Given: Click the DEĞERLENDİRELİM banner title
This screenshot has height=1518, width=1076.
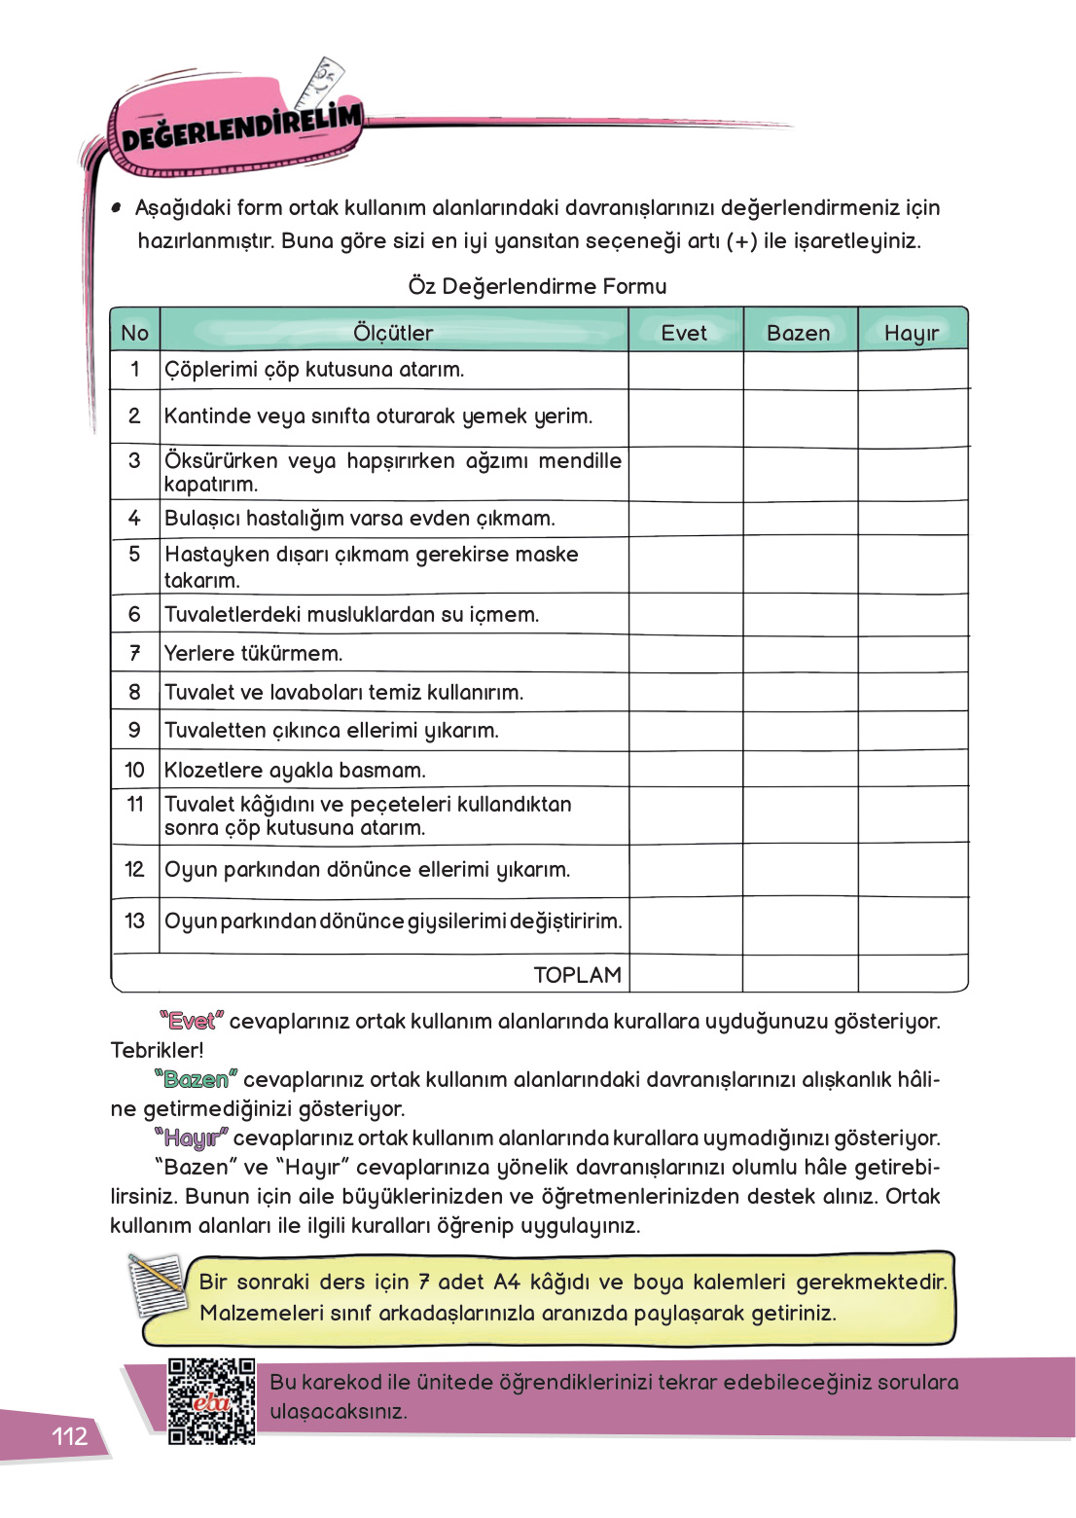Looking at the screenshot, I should pos(240,127).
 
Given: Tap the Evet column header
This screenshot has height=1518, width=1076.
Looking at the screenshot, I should pos(684,333).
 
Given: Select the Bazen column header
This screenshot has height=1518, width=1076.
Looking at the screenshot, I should pos(799,333).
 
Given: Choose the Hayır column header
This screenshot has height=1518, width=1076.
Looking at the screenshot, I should pos(912,333).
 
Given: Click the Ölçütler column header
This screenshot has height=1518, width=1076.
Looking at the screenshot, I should pos(393,333).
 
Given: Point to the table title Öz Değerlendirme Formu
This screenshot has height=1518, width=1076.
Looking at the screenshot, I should pos(537,286).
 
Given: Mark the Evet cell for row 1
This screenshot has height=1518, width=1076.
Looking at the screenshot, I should pos(686,370).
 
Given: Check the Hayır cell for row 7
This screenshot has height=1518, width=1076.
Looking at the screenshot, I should pos(913,653).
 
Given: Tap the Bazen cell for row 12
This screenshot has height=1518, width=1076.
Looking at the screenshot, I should pos(801,870).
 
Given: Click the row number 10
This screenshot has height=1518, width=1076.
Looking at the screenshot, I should pos(134,770).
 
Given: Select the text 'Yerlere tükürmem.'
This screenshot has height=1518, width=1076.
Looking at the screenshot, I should pos(253,653).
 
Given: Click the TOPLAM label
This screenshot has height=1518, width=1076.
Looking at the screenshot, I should pos(577,974).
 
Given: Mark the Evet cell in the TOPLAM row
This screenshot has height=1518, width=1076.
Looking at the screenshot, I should pos(686,974).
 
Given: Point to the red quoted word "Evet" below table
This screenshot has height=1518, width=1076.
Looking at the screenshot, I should pos(192,1021).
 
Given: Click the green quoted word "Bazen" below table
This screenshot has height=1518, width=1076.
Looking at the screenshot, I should pos(196,1079).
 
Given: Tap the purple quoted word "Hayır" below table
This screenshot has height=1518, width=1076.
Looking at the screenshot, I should pos(191,1138).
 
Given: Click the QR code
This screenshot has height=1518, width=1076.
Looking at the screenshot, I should pos(211,1401).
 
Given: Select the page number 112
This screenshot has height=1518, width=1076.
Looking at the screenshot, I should pos(69,1436).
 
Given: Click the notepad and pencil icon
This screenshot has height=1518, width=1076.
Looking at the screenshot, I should pos(157,1283).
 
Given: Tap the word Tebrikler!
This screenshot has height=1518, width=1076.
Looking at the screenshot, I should pos(158,1050).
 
